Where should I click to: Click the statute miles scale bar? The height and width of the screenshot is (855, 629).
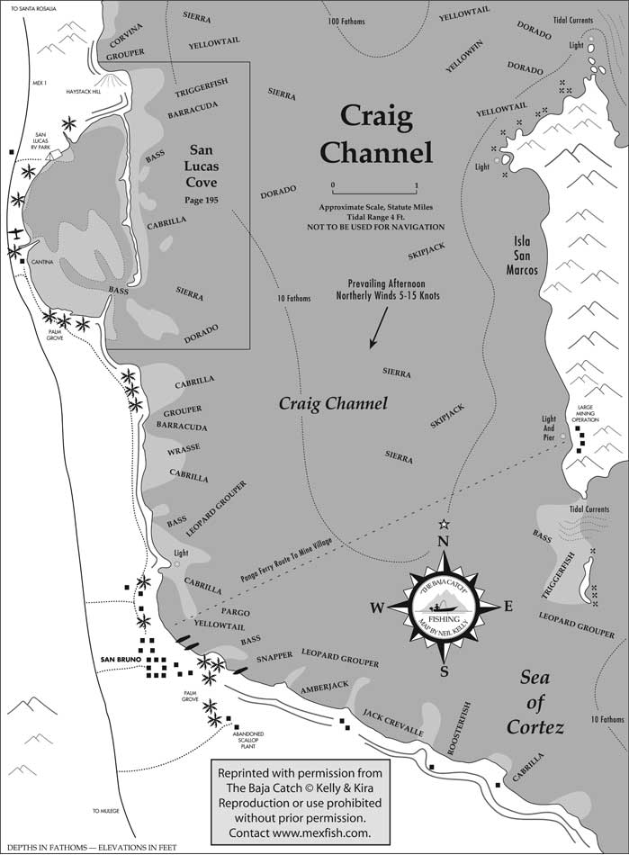374,193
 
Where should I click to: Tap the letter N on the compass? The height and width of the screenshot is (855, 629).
442,543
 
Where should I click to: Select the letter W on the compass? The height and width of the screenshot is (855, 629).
377,608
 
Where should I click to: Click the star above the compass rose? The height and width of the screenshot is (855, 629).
443,524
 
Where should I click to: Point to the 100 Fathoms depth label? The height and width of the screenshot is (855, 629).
347,20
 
